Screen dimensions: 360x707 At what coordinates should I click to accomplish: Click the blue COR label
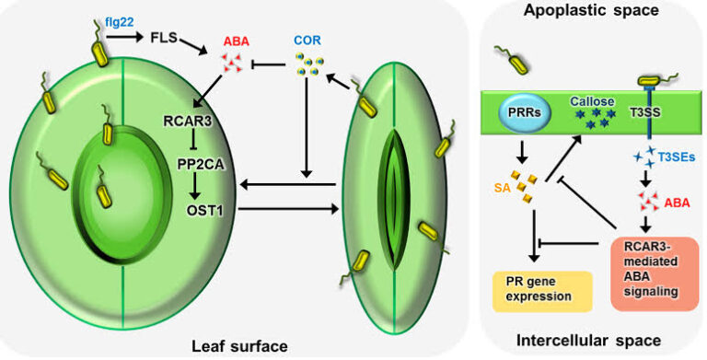point(307,41)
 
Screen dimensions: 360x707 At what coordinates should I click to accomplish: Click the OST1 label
point(196,210)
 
